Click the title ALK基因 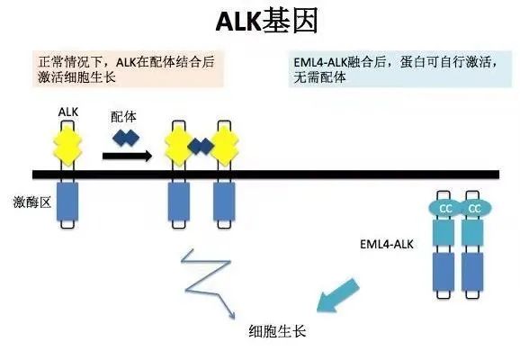tap(267, 21)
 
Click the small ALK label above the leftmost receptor tap(68, 112)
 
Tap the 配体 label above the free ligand tap(123, 117)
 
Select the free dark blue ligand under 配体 tap(126, 138)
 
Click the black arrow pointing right tap(127, 156)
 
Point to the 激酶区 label tap(32, 202)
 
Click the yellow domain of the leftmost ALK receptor tap(67, 146)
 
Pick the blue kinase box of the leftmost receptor tap(67, 202)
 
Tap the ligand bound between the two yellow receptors tap(200, 147)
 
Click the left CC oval tap(445, 209)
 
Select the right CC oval tap(474, 209)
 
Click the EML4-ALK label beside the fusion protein tap(387, 244)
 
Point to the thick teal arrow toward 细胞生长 tap(337, 296)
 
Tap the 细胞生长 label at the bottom tap(277, 331)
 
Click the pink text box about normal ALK tap(128, 68)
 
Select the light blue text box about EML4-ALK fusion tap(400, 68)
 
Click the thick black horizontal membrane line tap(265, 175)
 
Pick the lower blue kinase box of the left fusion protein tap(444, 272)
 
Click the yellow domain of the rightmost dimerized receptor tap(225, 146)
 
